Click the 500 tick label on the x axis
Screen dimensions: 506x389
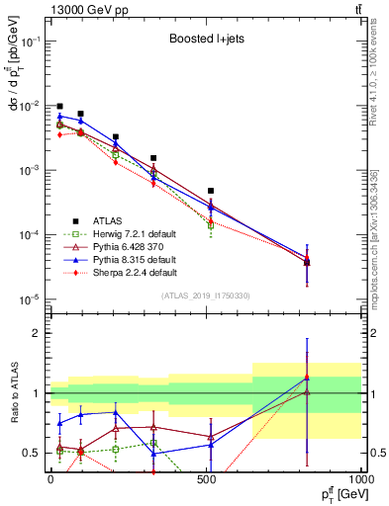click(206, 477)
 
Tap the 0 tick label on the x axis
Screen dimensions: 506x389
click(50, 477)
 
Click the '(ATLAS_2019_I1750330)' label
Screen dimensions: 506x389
click(205, 295)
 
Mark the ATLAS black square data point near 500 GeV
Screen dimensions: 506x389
click(211, 191)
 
